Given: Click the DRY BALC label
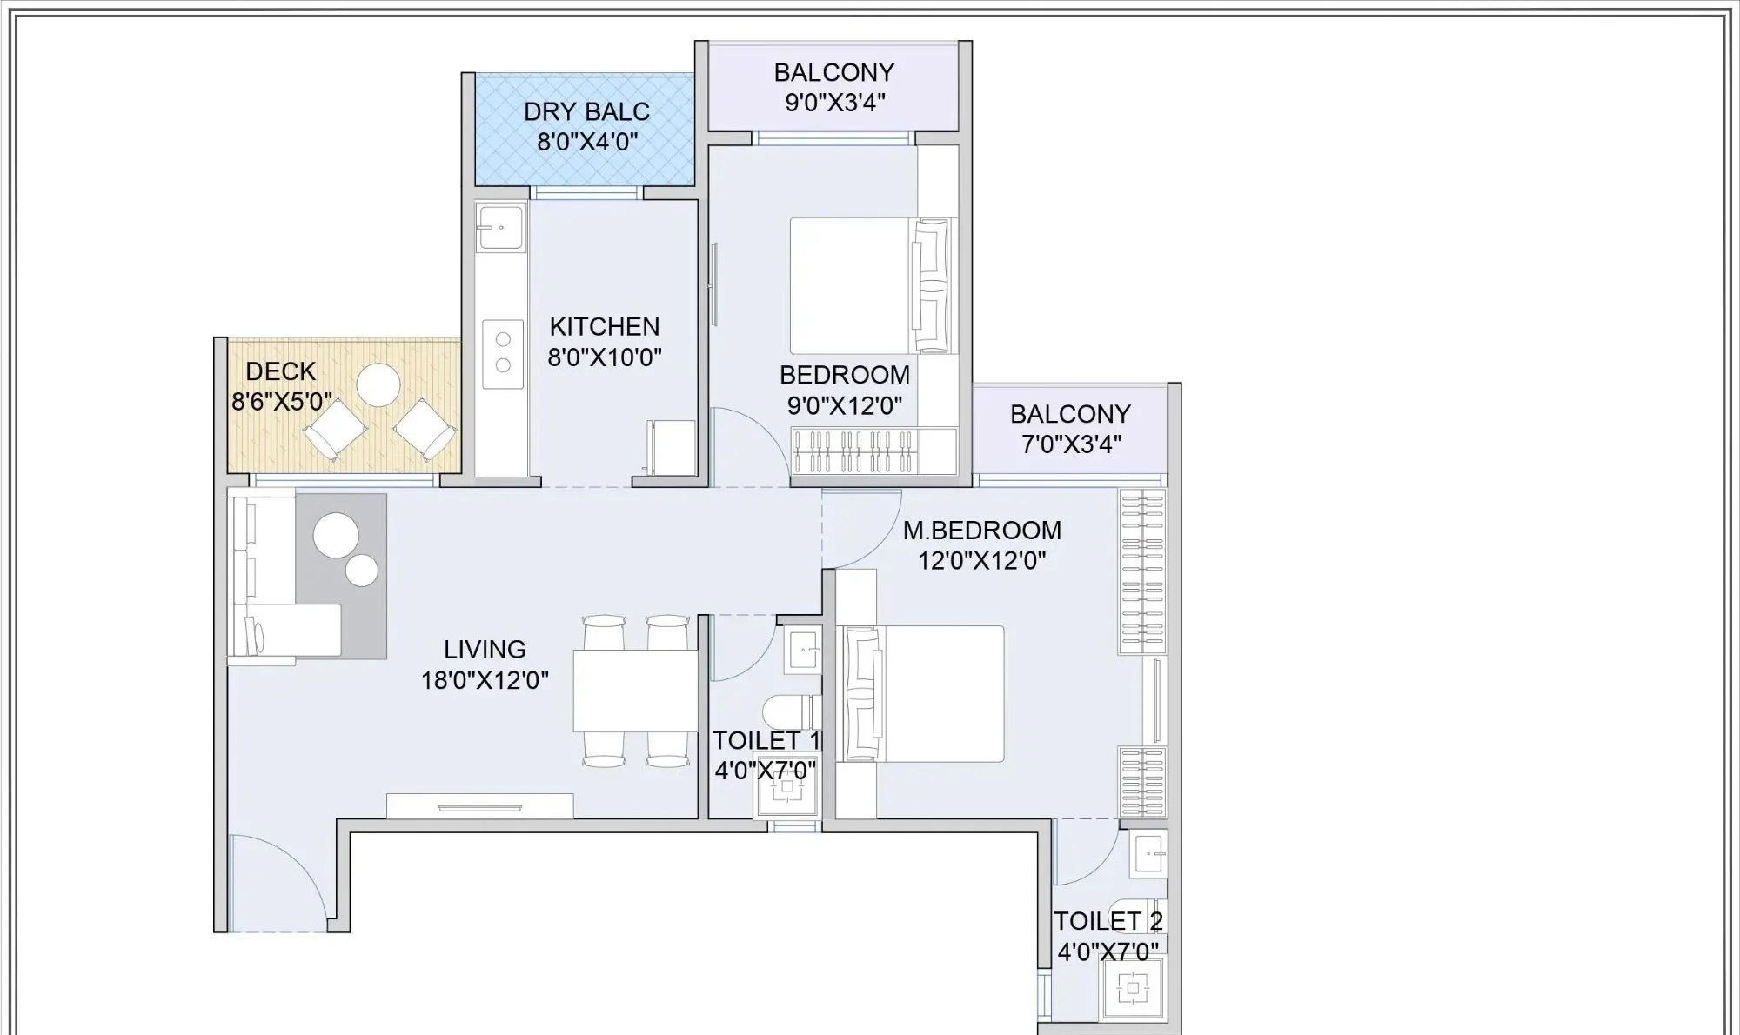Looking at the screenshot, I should (586, 111).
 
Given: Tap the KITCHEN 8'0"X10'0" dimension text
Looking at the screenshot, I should (605, 357).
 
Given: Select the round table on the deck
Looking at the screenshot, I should (378, 384).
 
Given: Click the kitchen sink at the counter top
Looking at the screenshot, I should (501, 227).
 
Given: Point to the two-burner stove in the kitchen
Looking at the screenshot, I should (503, 353).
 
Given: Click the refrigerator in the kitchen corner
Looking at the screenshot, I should (673, 447).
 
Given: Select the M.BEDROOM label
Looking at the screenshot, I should (981, 530).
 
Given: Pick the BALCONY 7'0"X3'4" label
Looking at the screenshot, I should (1070, 428).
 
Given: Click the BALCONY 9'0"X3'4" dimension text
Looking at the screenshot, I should (834, 103).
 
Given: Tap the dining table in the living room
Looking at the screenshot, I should (635, 691).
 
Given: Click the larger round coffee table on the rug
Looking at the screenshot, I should (336, 535).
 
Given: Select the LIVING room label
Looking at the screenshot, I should (485, 649).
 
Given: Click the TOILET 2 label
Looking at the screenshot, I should (1108, 920).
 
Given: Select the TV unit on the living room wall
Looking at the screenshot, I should (479, 806).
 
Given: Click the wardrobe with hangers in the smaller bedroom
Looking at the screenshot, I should (853, 451).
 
